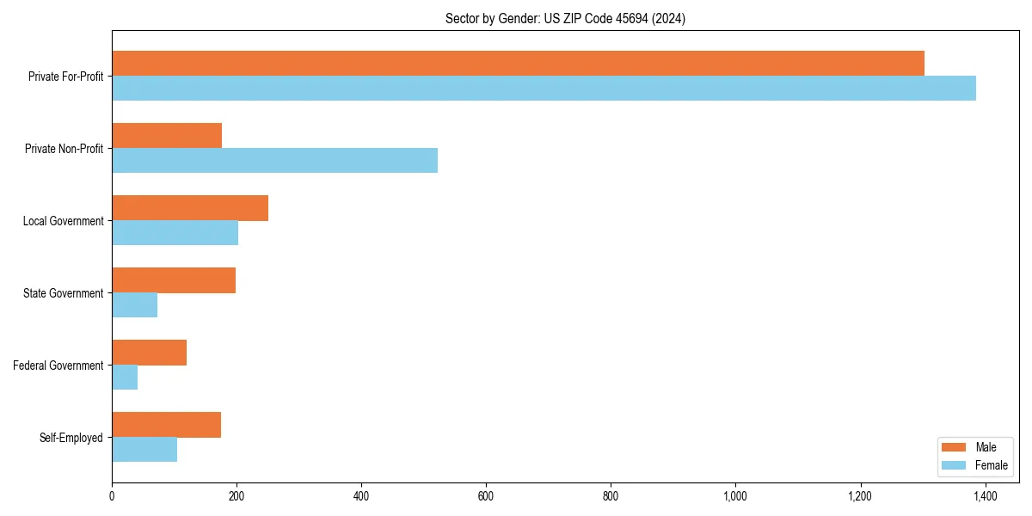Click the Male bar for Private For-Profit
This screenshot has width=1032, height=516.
(x=518, y=64)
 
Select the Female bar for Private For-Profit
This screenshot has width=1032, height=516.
(x=544, y=89)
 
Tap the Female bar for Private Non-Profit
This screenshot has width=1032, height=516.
(x=274, y=161)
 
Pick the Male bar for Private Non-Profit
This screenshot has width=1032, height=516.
(x=167, y=136)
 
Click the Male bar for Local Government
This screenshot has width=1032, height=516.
(x=190, y=208)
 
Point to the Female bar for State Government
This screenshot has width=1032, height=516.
(x=134, y=305)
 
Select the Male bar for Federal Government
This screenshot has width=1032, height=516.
(x=149, y=353)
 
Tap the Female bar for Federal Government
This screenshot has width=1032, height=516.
(x=125, y=378)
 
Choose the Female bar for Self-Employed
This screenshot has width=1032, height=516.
(x=144, y=450)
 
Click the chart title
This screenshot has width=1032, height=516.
(x=565, y=18)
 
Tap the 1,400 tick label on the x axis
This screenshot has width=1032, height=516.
(x=985, y=496)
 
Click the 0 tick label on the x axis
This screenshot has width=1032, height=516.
(x=112, y=496)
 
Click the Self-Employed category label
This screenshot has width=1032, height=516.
(x=71, y=438)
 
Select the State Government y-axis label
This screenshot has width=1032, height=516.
(x=63, y=293)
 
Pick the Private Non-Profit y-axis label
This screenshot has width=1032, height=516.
(x=64, y=149)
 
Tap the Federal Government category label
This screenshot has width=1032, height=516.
(x=58, y=365)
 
